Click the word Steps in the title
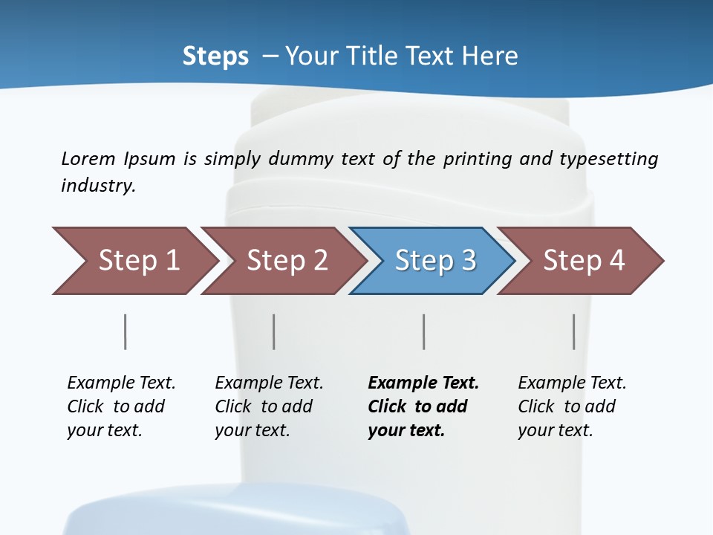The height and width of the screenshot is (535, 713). pos(215,56)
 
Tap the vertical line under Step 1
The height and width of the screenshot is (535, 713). pos(126,331)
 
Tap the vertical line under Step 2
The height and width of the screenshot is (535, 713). pos(274,331)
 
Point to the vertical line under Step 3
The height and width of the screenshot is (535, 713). pos(424,331)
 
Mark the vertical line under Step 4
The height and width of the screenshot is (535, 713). pos(574,331)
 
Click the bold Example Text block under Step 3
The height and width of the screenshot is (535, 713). pos(423,406)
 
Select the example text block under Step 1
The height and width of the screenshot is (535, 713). pos(121,406)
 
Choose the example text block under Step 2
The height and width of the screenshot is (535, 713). pos(269,406)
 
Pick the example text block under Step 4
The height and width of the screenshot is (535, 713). pos(572,406)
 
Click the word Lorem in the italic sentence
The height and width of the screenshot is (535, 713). pos(88,159)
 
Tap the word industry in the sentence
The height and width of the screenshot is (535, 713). pos(97,186)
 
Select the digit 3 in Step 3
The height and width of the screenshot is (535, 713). pos(468,261)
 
